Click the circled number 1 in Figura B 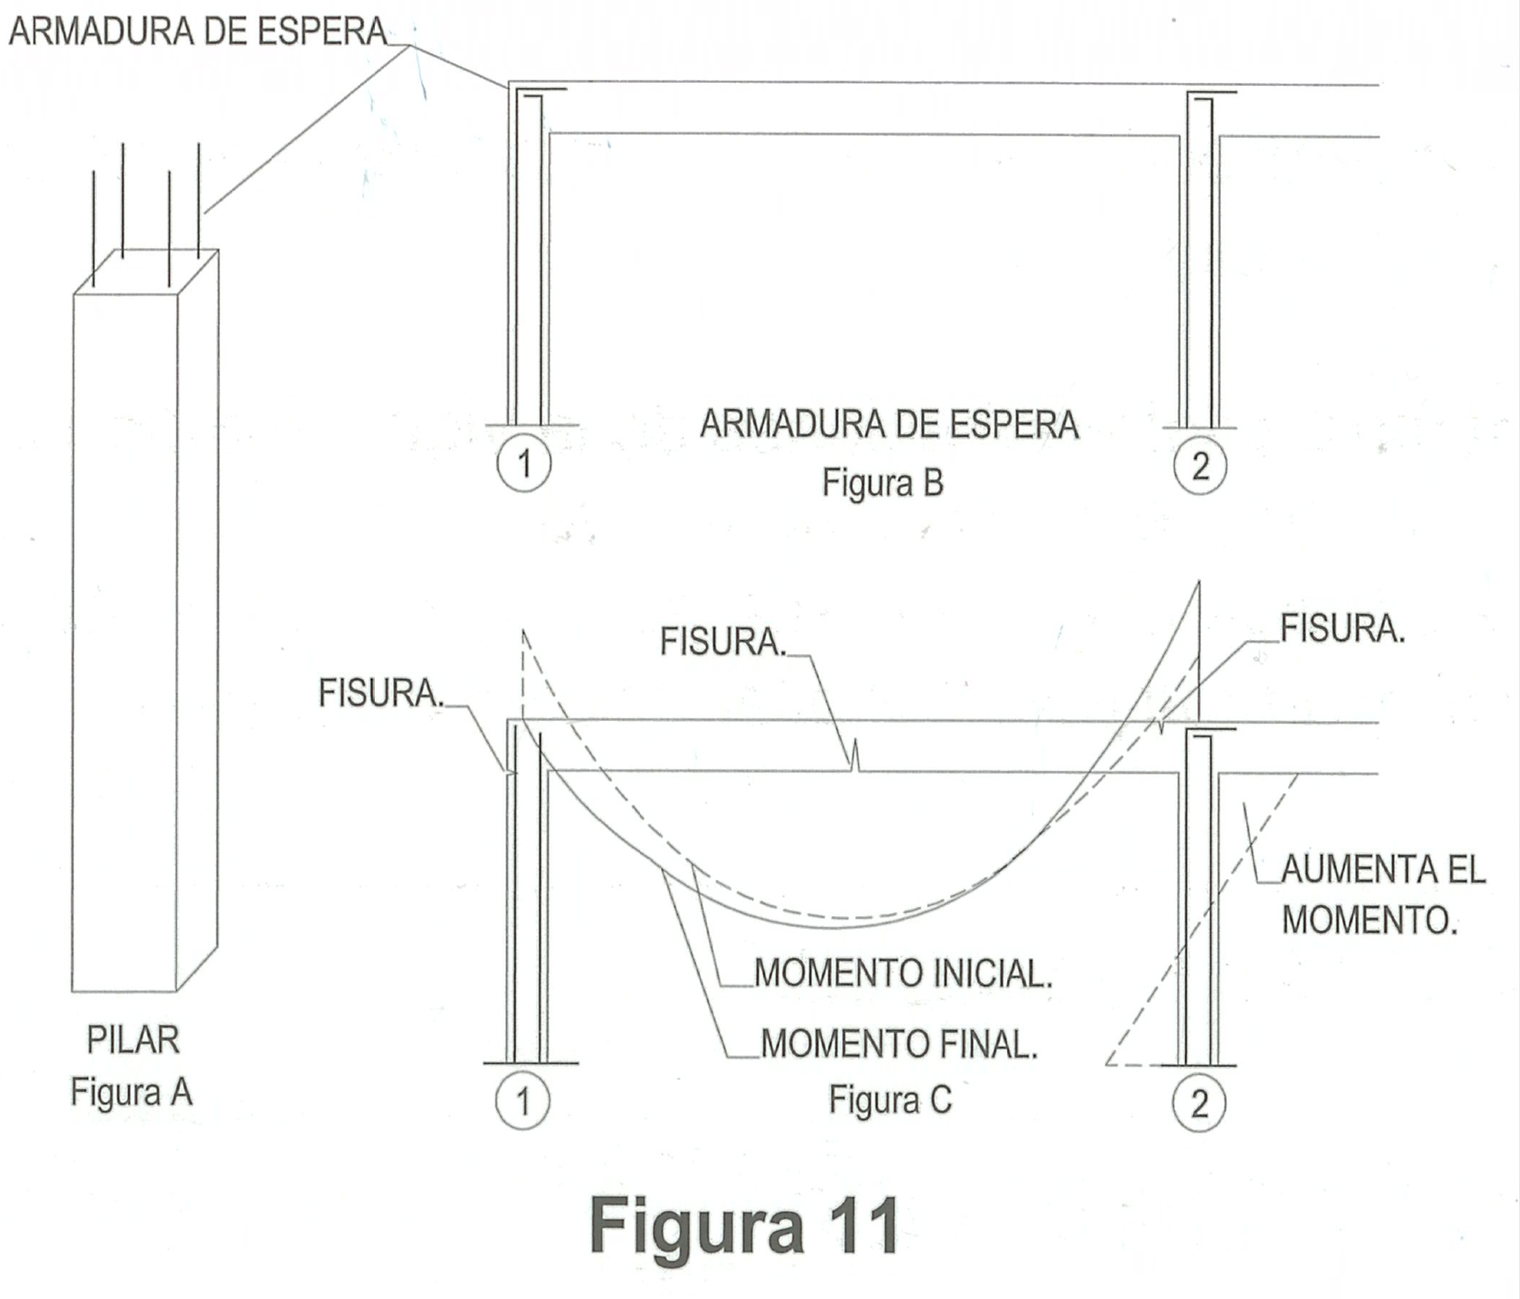(524, 464)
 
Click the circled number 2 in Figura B (1200, 466)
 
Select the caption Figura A (131, 1092)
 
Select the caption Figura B (882, 483)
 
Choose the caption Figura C (890, 1100)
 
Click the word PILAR (133, 1039)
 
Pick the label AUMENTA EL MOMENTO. (1382, 894)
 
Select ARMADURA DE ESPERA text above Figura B (889, 425)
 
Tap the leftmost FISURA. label (380, 693)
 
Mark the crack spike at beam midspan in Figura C (855, 757)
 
